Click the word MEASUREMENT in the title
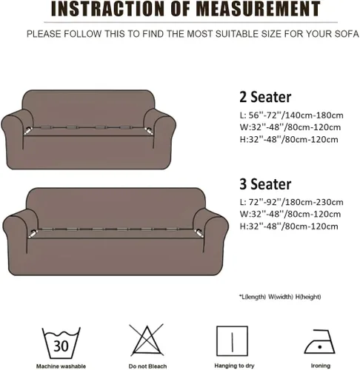click(x=258, y=9)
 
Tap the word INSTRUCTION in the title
click(x=107, y=9)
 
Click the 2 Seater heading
click(x=265, y=97)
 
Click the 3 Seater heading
click(x=265, y=184)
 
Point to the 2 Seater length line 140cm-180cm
click(x=291, y=115)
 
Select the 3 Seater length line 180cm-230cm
click(x=291, y=202)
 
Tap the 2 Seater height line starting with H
click(x=289, y=140)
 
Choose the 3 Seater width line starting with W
click(x=290, y=214)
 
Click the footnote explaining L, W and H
click(x=280, y=297)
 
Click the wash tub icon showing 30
click(x=61, y=343)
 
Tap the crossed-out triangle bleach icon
click(x=147, y=340)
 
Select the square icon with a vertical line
click(x=232, y=341)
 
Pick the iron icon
click(x=319, y=342)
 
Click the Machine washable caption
click(x=61, y=366)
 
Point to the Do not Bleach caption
click(x=147, y=366)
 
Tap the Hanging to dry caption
click(x=234, y=366)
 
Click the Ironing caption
click(x=321, y=366)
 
